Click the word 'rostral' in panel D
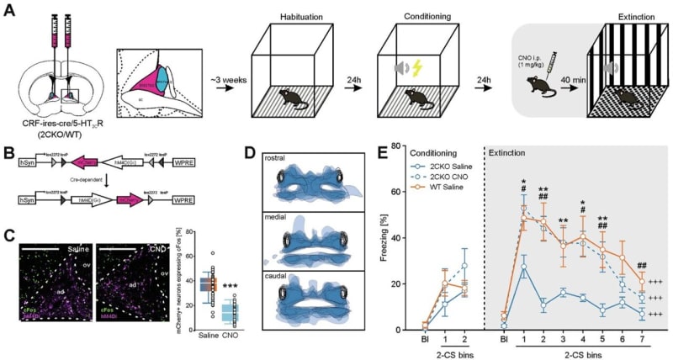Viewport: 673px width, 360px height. pyautogui.click(x=276, y=158)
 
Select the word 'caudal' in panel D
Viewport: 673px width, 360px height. pyautogui.click(x=276, y=283)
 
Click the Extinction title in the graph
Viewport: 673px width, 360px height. pyautogui.click(x=515, y=152)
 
